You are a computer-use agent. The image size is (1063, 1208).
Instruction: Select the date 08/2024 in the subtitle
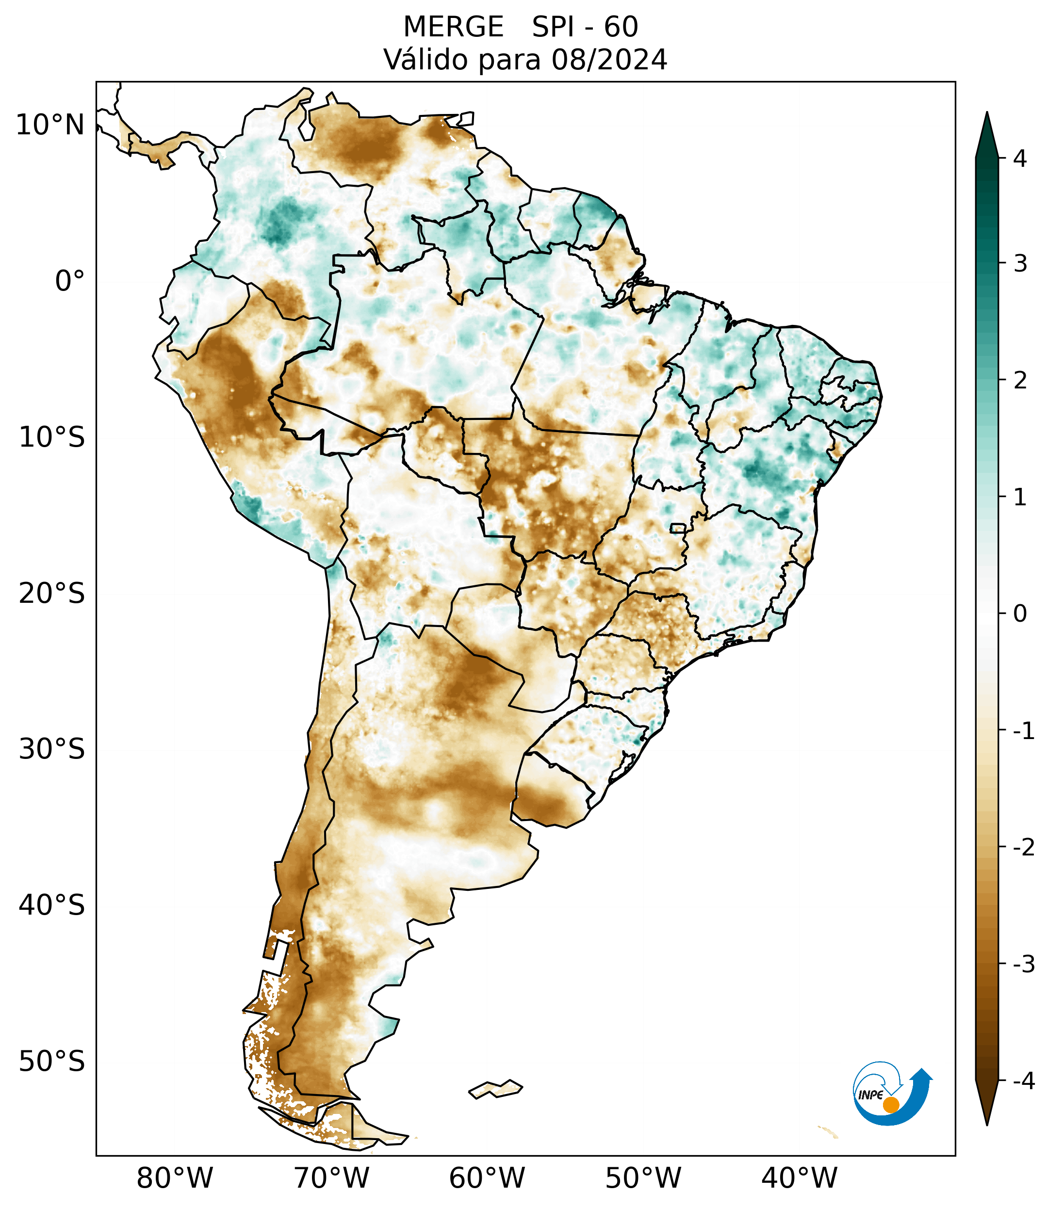(609, 60)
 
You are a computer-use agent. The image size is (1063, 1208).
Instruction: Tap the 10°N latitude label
(50, 125)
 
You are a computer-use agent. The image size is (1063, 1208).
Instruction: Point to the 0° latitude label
(70, 281)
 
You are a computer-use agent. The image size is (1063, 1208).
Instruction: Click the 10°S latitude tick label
(52, 437)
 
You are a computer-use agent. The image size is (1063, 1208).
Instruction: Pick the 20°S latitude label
(52, 594)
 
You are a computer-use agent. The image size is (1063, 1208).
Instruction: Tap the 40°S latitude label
(52, 905)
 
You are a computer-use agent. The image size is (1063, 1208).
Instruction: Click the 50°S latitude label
(52, 1062)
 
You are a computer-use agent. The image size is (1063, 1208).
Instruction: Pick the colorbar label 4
(1020, 159)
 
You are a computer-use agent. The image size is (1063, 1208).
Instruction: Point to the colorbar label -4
(1023, 1081)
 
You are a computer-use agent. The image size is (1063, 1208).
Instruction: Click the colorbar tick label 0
(1020, 614)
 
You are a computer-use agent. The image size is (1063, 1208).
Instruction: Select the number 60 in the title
(621, 27)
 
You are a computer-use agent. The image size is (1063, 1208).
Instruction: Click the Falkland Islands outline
(495, 1089)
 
